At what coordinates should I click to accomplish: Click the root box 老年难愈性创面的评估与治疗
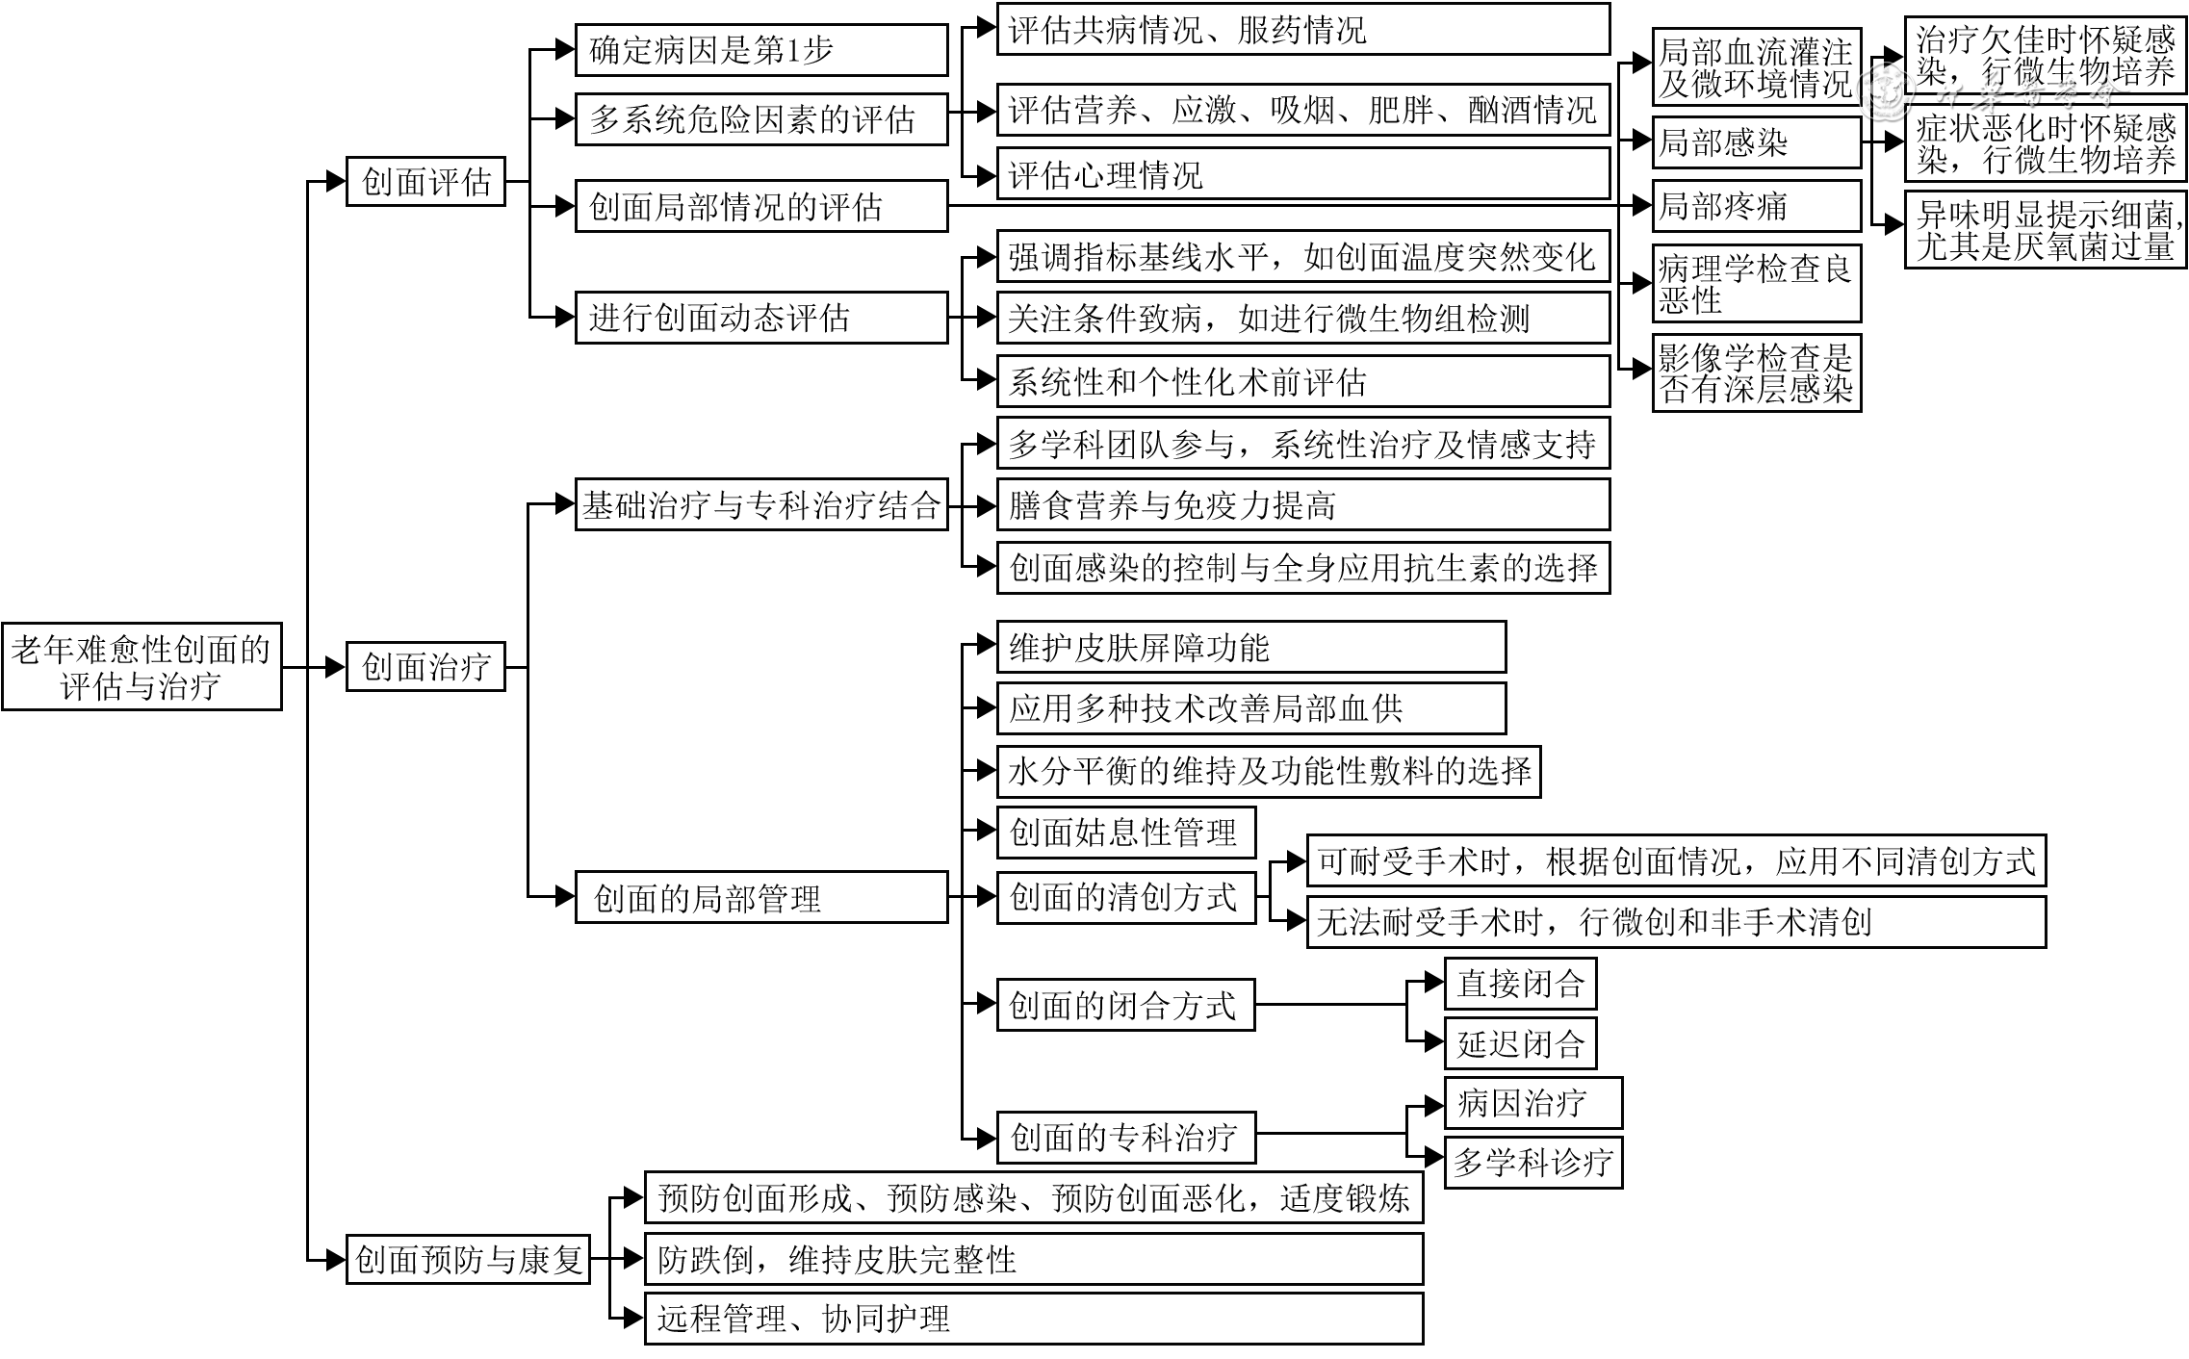(x=142, y=667)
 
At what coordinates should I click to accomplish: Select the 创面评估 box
(x=425, y=181)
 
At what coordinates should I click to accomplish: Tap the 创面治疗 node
(x=425, y=666)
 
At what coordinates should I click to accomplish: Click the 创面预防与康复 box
(x=468, y=1258)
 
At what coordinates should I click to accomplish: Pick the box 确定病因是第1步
(x=760, y=50)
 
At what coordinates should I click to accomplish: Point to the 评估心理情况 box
(x=1302, y=174)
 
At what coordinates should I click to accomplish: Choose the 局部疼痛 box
(x=1756, y=206)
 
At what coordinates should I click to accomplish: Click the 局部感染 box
(x=1756, y=142)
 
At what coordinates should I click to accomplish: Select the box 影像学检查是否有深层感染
(x=1756, y=373)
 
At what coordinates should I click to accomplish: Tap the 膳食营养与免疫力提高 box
(x=1302, y=505)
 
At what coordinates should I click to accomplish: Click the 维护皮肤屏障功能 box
(x=1250, y=647)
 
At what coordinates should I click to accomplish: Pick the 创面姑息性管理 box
(x=1125, y=833)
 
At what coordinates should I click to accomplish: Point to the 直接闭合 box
(x=1520, y=983)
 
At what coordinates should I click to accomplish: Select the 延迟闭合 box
(x=1520, y=1043)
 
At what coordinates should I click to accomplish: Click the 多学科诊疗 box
(x=1532, y=1163)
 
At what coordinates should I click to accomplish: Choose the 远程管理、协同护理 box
(x=1033, y=1319)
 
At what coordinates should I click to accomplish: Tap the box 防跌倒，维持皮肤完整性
(x=1033, y=1259)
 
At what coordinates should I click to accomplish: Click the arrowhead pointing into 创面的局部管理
(x=565, y=897)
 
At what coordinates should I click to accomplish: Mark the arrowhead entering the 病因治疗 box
(x=1434, y=1103)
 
